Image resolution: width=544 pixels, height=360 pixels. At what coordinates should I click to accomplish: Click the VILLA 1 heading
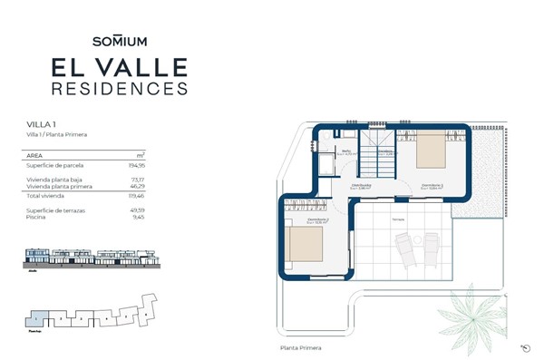pyautogui.click(x=41, y=123)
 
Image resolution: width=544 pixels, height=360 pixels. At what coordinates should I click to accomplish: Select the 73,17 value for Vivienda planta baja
pyautogui.click(x=138, y=180)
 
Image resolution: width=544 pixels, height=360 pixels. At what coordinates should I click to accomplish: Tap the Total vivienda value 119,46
pyautogui.click(x=136, y=196)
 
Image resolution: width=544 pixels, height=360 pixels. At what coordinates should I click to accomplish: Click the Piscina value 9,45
pyautogui.click(x=139, y=217)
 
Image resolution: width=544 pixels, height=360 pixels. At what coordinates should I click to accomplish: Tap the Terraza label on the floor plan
pyautogui.click(x=398, y=219)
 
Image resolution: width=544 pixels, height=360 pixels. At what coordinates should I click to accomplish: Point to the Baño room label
pyautogui.click(x=345, y=151)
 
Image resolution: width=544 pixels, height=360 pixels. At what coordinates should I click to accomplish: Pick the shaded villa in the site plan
pyautogui.click(x=34, y=319)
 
